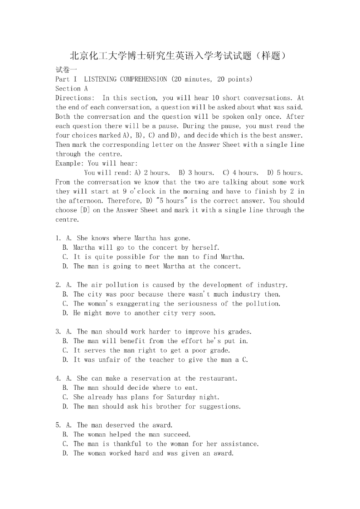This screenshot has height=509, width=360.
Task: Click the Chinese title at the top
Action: pos(180,56)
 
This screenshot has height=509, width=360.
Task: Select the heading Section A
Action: pos(72,89)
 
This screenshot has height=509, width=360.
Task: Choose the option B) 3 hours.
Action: pos(196,173)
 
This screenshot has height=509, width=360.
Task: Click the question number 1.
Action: pos(58,238)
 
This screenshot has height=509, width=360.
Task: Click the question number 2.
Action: pos(58,285)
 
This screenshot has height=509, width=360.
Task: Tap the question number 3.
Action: pos(58,332)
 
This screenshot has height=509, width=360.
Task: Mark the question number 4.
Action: pos(58,378)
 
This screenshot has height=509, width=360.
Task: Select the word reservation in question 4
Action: pos(153,378)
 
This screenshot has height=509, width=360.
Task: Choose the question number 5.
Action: pos(58,425)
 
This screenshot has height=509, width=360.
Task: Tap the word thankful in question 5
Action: pos(127,444)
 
